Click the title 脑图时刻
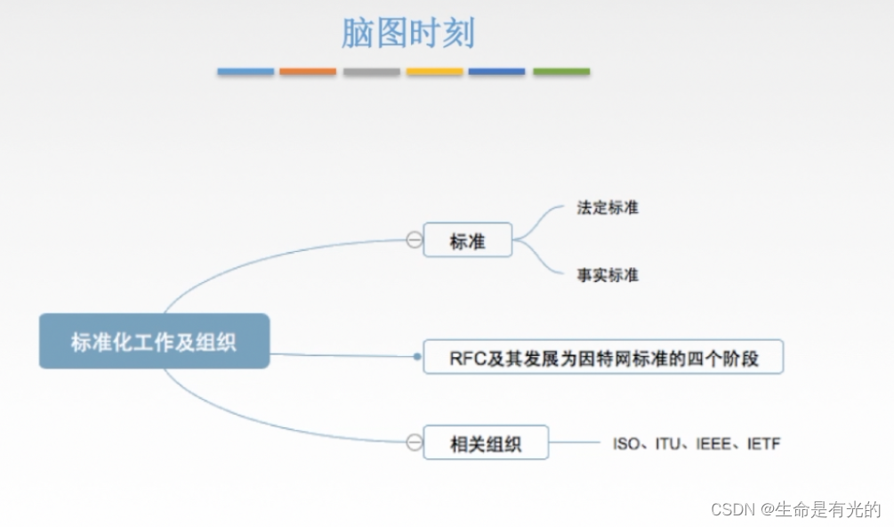coord(407,34)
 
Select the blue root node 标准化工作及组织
coord(154,341)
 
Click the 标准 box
coord(467,240)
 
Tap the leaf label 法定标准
coord(608,207)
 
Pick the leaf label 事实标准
coord(608,275)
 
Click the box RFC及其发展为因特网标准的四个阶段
coord(603,357)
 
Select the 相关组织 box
coord(485,442)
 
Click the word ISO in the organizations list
coord(626,442)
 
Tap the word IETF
coord(762,442)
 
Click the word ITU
coord(667,442)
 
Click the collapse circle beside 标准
coord(414,239)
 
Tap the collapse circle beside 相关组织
coord(414,442)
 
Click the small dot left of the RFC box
coord(417,356)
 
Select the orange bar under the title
coord(308,71)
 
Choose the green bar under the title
coord(561,71)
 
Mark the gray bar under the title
coord(372,71)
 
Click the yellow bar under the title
coord(435,71)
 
